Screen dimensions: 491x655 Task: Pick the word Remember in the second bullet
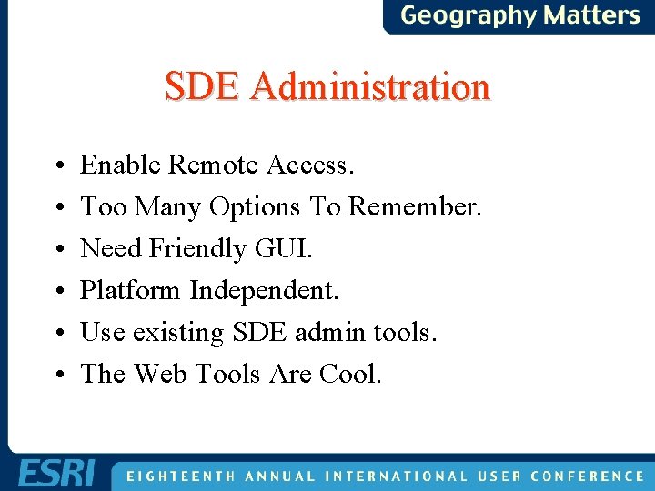click(x=414, y=206)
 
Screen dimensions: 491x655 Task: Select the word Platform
click(x=131, y=290)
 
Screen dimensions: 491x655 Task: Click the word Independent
click(x=264, y=290)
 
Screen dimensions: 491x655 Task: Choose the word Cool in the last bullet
click(x=351, y=374)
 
